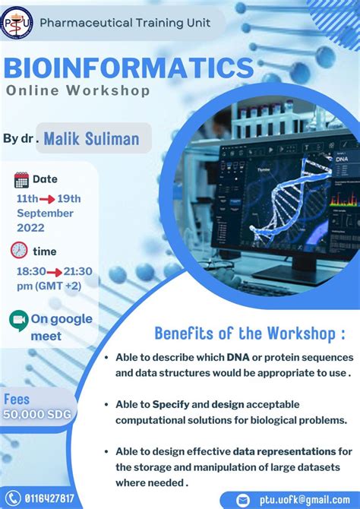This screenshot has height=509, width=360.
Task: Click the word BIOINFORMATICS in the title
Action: (x=128, y=67)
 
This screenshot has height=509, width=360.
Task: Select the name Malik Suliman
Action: (x=91, y=139)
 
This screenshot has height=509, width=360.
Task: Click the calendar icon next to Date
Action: (x=21, y=180)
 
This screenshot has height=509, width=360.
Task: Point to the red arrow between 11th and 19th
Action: (x=51, y=199)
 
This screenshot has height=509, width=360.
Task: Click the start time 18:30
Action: (x=31, y=270)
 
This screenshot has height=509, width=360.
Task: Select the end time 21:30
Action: (x=76, y=270)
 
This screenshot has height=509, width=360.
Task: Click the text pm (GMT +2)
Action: (x=49, y=285)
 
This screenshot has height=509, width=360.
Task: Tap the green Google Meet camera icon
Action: (x=19, y=321)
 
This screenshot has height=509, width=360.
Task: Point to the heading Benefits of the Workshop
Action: (x=250, y=334)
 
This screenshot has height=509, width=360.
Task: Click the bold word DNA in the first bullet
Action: (x=237, y=357)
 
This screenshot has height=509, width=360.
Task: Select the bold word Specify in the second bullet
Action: (x=171, y=403)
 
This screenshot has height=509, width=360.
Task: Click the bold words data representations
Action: (x=284, y=451)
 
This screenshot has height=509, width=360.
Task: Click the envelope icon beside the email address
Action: (x=243, y=500)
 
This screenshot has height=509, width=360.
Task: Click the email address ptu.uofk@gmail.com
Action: (x=304, y=500)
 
